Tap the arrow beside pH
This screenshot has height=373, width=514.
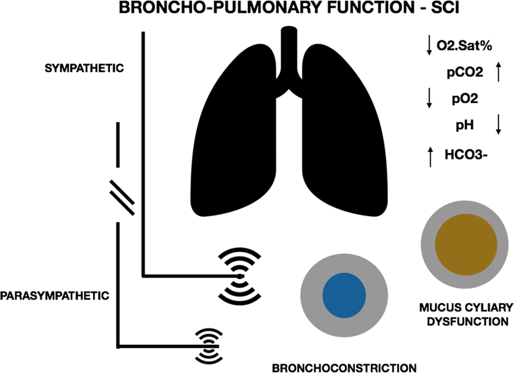(498, 126)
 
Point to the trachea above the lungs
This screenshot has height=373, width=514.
(288, 54)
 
